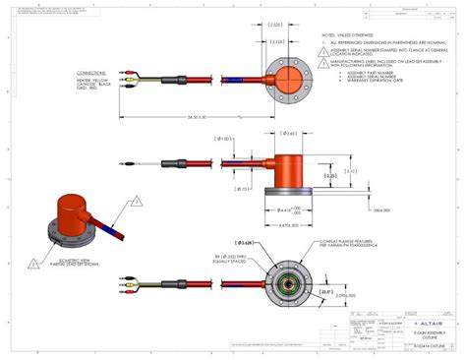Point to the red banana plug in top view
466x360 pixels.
(x=125, y=72)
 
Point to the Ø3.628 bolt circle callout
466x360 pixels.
(x=248, y=241)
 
